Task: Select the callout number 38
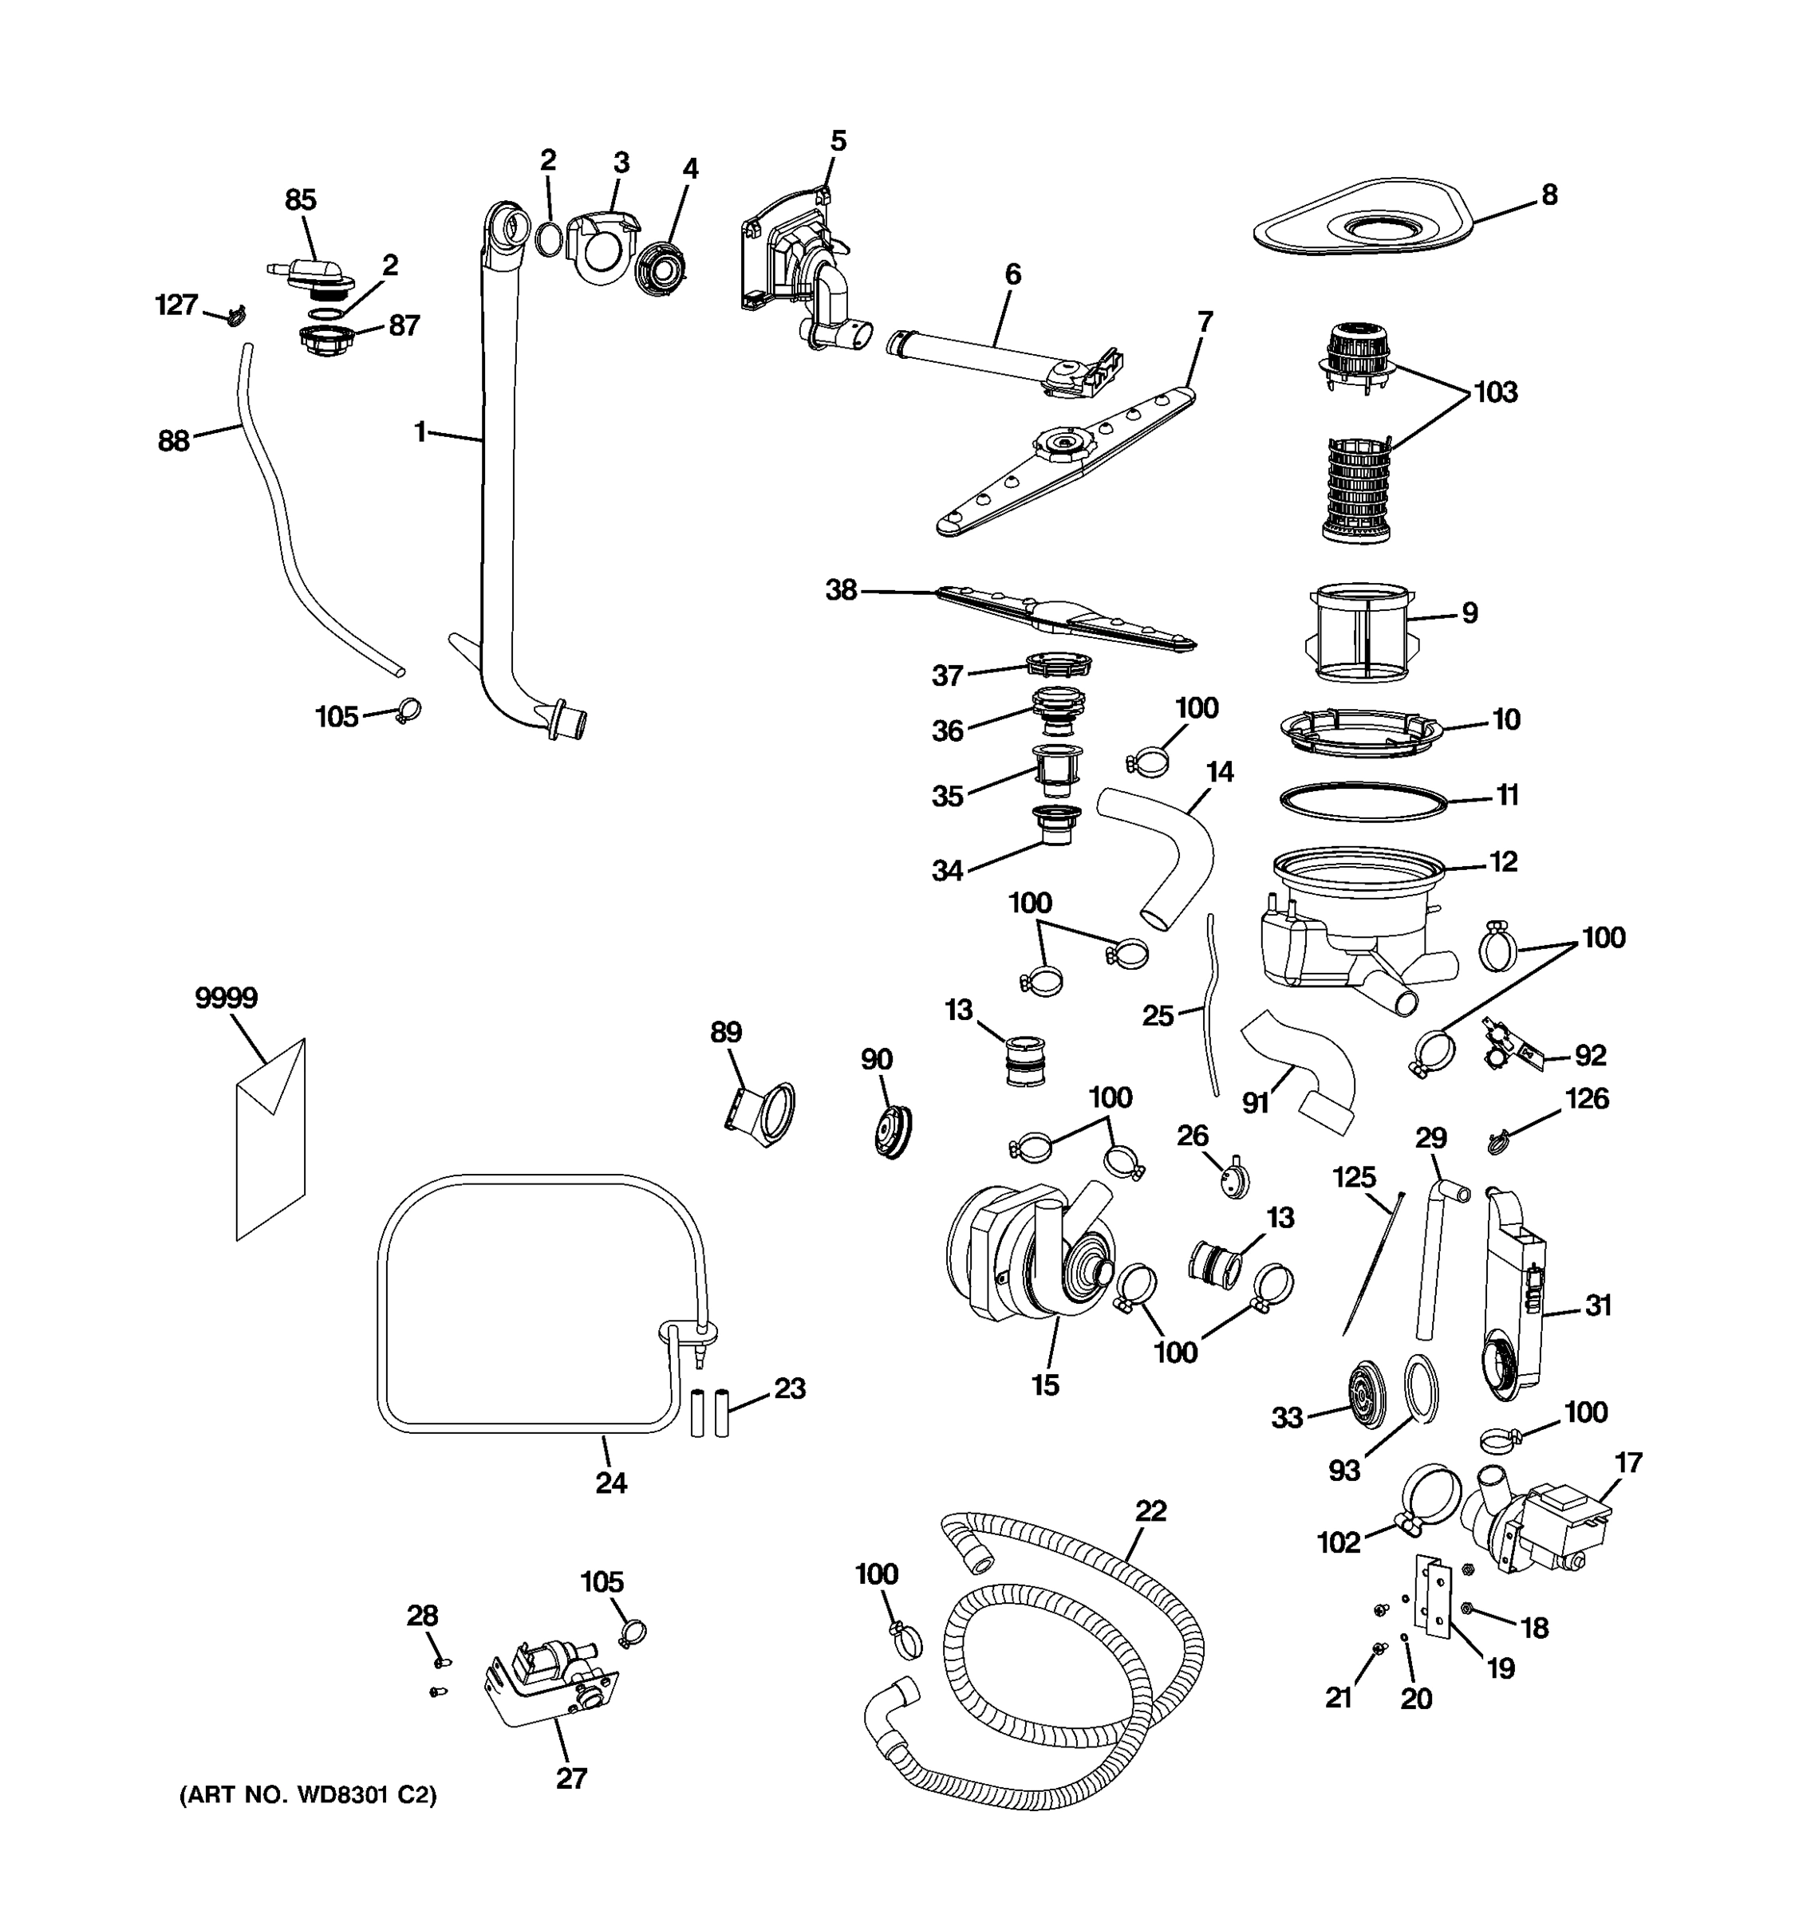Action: tap(841, 590)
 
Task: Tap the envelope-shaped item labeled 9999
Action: tap(270, 1146)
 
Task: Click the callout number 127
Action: tap(176, 305)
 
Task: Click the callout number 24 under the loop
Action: tap(610, 1483)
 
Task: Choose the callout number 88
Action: tap(173, 441)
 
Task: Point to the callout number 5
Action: tap(838, 141)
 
